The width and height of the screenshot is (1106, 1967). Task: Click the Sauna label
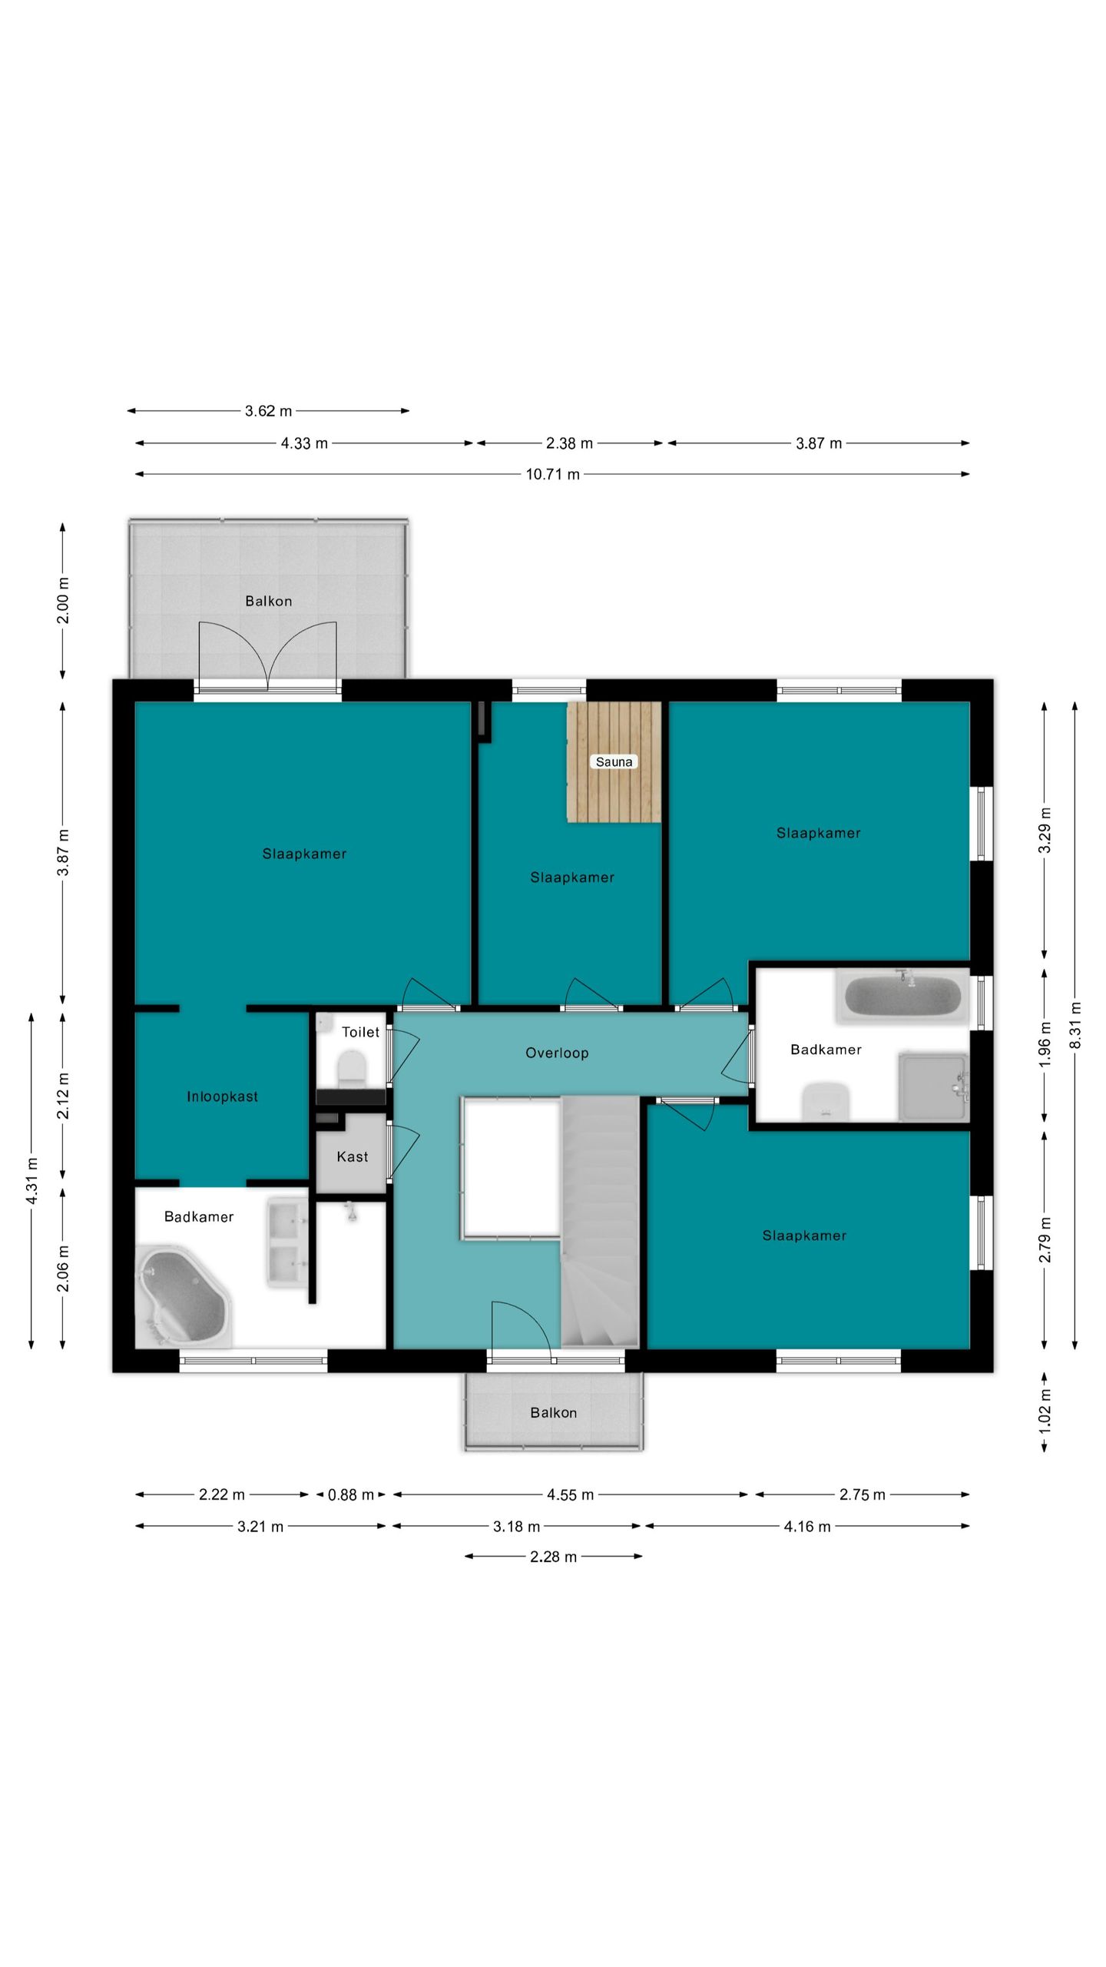click(x=614, y=762)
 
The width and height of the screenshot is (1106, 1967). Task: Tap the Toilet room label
click(x=360, y=1032)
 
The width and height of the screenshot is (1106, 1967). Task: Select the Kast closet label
click(x=353, y=1156)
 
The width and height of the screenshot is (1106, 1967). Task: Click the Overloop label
click(x=557, y=1053)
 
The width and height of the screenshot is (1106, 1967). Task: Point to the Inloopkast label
click(x=222, y=1096)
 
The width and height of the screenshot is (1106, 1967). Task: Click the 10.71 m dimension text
click(x=552, y=474)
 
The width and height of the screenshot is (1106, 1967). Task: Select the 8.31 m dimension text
click(x=1075, y=1025)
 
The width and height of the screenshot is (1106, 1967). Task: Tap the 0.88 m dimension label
click(x=351, y=1494)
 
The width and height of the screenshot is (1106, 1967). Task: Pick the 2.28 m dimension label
click(x=553, y=1557)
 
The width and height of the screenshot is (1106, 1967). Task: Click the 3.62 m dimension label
click(x=269, y=411)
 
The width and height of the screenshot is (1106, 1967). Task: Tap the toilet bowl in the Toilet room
click(x=351, y=1069)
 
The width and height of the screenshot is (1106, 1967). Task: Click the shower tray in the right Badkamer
click(x=933, y=1087)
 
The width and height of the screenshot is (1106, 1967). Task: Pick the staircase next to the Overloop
click(x=600, y=1222)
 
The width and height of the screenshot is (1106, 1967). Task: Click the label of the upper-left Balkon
click(x=269, y=601)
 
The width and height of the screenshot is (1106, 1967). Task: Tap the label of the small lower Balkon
click(x=553, y=1412)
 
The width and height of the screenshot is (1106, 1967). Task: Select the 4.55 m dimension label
click(x=570, y=1494)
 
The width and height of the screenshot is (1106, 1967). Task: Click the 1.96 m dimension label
click(x=1045, y=1043)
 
